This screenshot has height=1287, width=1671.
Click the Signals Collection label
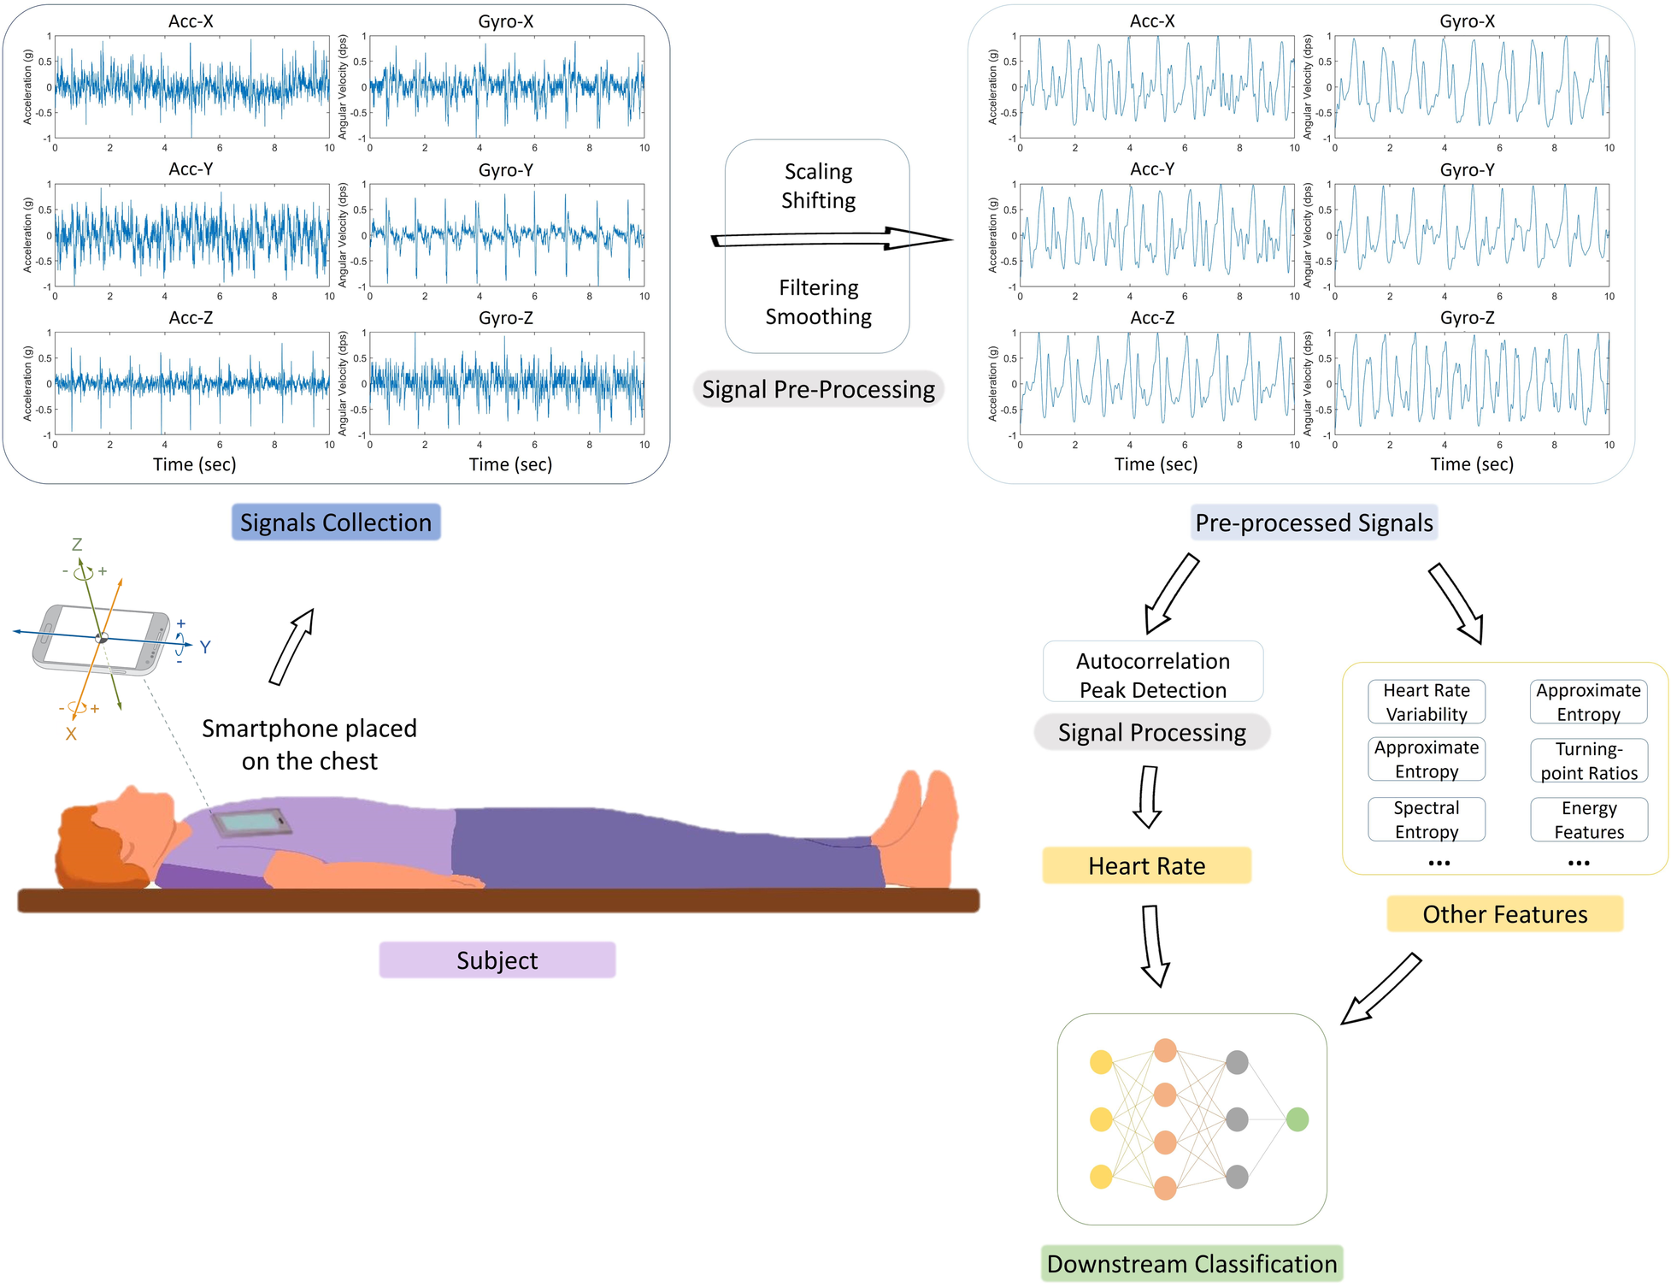click(336, 522)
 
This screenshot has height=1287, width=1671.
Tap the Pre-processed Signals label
click(1314, 522)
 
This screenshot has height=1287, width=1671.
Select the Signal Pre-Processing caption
click(818, 390)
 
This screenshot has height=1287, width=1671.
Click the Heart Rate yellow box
click(1146, 866)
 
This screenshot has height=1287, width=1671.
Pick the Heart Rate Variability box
click(1426, 702)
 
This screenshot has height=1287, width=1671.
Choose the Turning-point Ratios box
click(1588, 761)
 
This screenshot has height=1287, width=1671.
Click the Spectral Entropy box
click(1426, 819)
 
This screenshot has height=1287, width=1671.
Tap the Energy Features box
click(1588, 819)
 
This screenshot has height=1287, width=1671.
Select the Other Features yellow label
click(1504, 914)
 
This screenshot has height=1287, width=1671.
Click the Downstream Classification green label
click(1191, 1264)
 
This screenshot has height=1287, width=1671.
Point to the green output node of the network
click(1297, 1119)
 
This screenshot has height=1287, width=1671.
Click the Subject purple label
click(497, 960)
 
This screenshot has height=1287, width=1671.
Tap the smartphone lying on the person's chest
click(251, 823)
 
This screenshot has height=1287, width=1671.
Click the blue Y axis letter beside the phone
click(205, 647)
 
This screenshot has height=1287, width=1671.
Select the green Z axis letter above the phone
click(77, 545)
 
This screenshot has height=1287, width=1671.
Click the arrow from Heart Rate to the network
click(1154, 945)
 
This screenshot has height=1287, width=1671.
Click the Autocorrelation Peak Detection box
click(1152, 675)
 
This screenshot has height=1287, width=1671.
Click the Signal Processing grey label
click(1151, 733)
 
